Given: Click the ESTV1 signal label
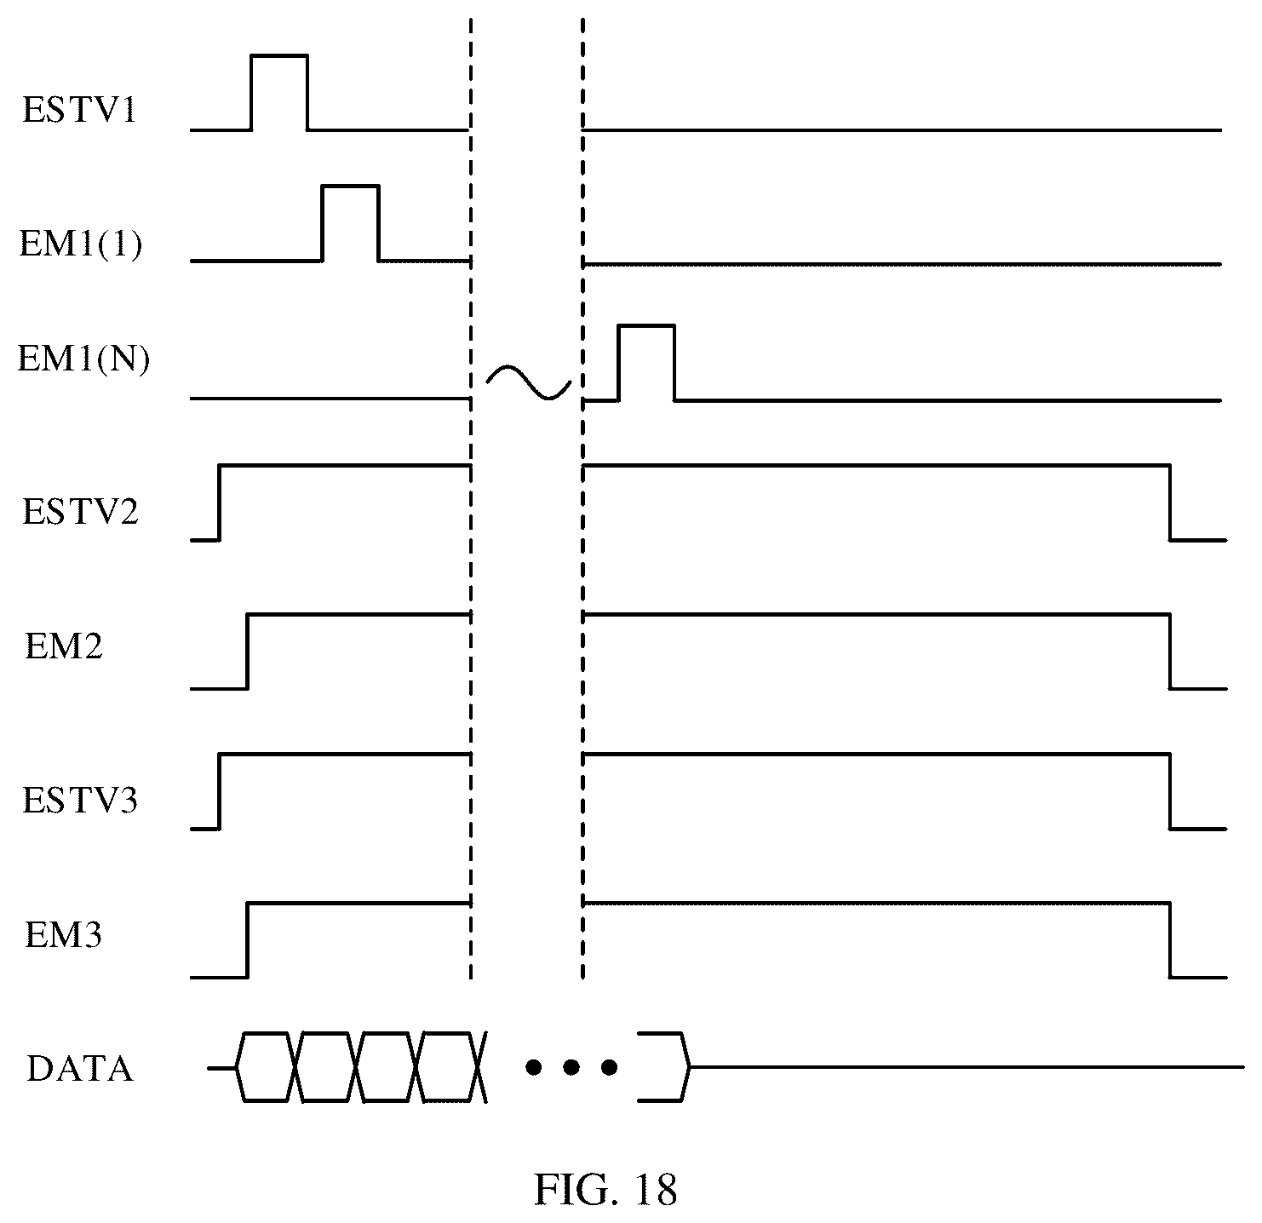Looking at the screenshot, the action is (80, 109).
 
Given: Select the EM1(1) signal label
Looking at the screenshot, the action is (81, 244).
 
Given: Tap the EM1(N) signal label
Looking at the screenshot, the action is (83, 358).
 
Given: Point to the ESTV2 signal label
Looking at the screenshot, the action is (80, 512).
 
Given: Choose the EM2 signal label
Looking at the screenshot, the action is (64, 646).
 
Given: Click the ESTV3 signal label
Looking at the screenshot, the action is (80, 801).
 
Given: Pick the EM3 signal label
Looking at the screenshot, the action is (64, 935).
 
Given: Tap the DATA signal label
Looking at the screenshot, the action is (80, 1069).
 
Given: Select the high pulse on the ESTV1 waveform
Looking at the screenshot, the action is (279, 56).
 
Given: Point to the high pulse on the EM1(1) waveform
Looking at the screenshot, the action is (350, 187).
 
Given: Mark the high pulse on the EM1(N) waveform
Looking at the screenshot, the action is (646, 325).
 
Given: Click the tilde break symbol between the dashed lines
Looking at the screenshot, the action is (529, 382).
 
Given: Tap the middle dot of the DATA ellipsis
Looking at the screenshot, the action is (571, 1067).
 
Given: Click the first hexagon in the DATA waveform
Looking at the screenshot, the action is (267, 1067).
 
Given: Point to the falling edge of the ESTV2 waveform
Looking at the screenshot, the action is (1170, 502).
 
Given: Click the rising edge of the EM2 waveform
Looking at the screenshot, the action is (247, 651).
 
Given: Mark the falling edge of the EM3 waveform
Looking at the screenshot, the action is (1170, 939).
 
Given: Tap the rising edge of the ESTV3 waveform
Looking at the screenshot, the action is (219, 791).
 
